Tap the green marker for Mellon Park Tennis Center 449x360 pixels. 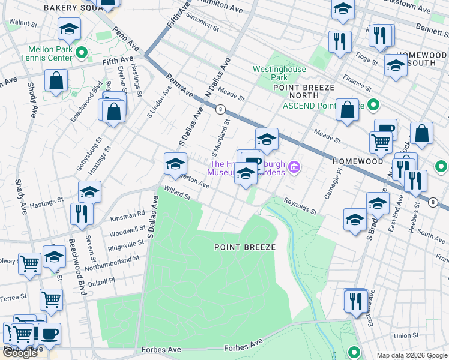pos(84,52)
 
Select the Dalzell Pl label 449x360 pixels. pos(101,281)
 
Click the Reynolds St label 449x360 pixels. pos(300,207)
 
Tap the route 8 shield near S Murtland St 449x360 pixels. pos(221,109)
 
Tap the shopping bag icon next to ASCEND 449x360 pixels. pos(347,110)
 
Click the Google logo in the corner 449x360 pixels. pos(20,353)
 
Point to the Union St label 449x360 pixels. pos(406,335)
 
